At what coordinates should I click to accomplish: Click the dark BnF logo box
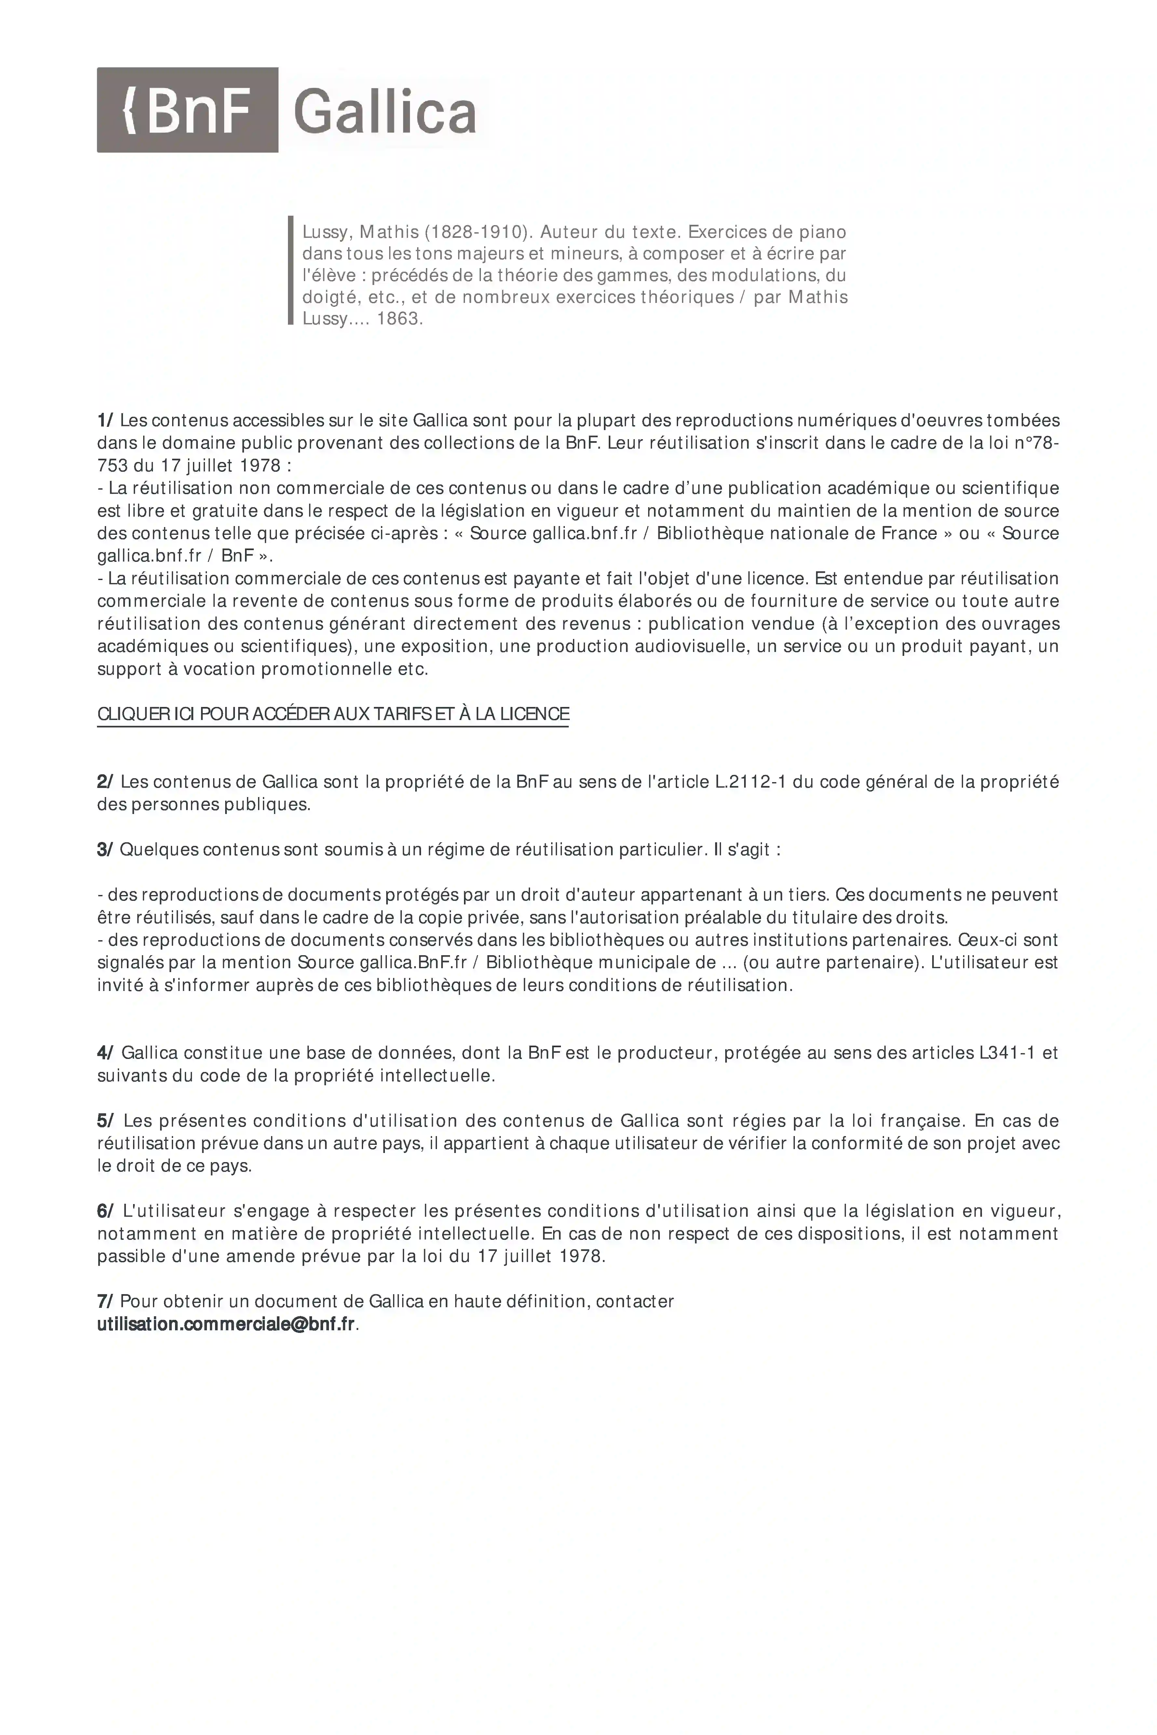tap(187, 110)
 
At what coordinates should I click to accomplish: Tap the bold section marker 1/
tap(105, 420)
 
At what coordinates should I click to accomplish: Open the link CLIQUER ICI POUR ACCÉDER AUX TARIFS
tap(333, 714)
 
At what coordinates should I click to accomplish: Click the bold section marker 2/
tap(105, 782)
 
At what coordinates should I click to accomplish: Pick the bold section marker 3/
tap(105, 850)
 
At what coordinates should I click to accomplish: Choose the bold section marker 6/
tap(105, 1211)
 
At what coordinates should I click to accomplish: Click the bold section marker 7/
tap(105, 1301)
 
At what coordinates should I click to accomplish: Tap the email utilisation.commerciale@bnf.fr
tap(226, 1324)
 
